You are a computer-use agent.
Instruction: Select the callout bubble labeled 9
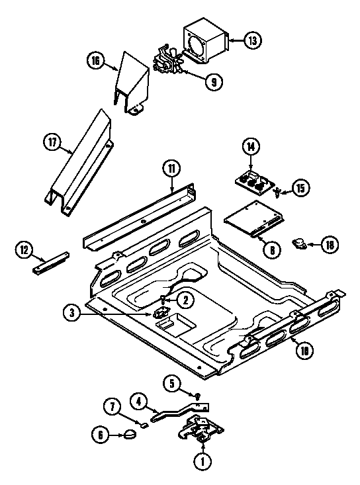click(x=214, y=82)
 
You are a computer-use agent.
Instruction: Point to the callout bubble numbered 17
click(x=52, y=141)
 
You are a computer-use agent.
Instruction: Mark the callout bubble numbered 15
click(x=300, y=189)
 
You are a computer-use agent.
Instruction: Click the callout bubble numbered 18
click(x=330, y=245)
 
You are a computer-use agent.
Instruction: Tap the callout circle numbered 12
click(x=24, y=249)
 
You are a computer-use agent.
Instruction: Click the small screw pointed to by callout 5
click(x=197, y=395)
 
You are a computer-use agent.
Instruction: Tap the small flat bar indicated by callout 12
click(x=50, y=263)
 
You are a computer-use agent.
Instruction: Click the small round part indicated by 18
click(x=300, y=244)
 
